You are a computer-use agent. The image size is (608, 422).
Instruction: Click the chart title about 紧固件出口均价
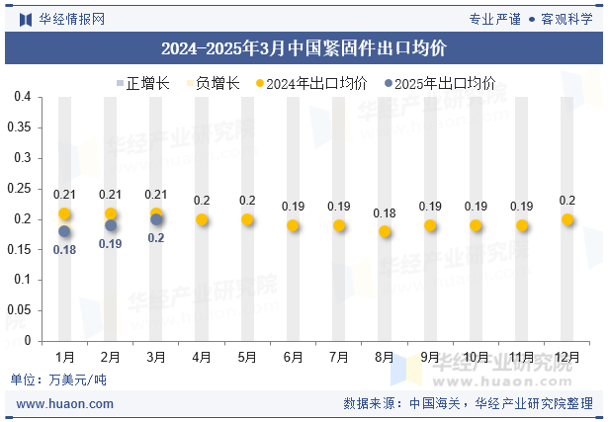coord(304,47)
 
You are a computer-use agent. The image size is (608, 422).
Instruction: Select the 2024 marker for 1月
coord(65,214)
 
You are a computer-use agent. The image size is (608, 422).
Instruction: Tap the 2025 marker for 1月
coord(65,231)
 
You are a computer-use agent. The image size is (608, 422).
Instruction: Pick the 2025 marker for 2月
coord(111,225)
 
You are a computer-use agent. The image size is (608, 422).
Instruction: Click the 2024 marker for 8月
coord(385,231)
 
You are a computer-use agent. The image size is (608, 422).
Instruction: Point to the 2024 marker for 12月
coord(567,219)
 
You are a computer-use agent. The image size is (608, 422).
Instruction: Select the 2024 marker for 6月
coord(293,225)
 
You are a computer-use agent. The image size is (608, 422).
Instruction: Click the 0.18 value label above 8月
coord(385,212)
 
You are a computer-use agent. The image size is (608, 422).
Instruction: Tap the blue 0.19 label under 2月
coord(111,244)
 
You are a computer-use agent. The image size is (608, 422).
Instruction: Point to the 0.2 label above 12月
coord(567,201)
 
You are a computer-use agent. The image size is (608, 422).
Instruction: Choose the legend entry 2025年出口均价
coord(438,84)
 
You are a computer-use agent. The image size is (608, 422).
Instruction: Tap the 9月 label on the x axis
coord(430,356)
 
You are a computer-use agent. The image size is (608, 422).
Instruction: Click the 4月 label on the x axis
coord(202,356)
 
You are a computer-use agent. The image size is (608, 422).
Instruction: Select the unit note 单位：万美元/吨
coord(58,380)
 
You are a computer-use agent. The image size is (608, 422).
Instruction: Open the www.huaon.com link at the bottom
coord(65,404)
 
